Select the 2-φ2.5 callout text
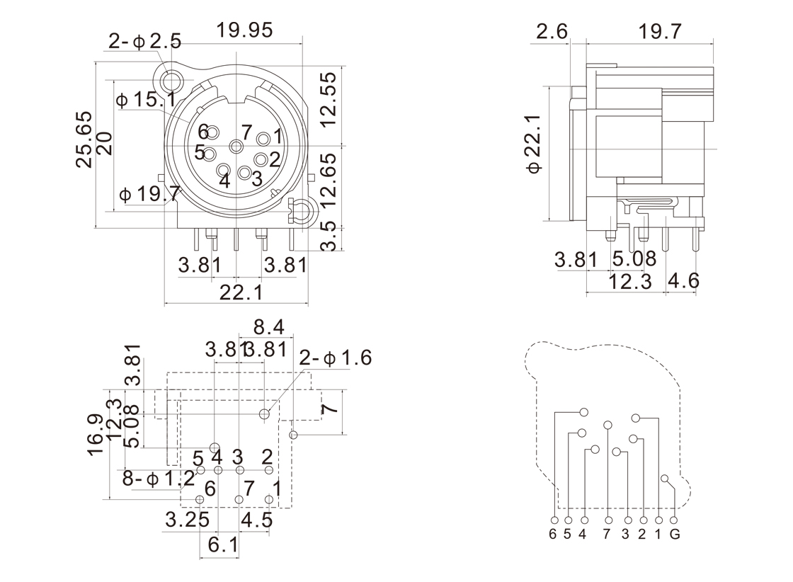145,41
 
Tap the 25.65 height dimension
85,139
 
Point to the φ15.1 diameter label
146,99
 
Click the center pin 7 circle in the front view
236,145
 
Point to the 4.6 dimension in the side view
683,281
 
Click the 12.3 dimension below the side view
630,281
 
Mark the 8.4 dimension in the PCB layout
269,327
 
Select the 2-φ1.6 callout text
335,358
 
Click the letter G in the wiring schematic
675,534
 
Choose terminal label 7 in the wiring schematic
607,534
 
